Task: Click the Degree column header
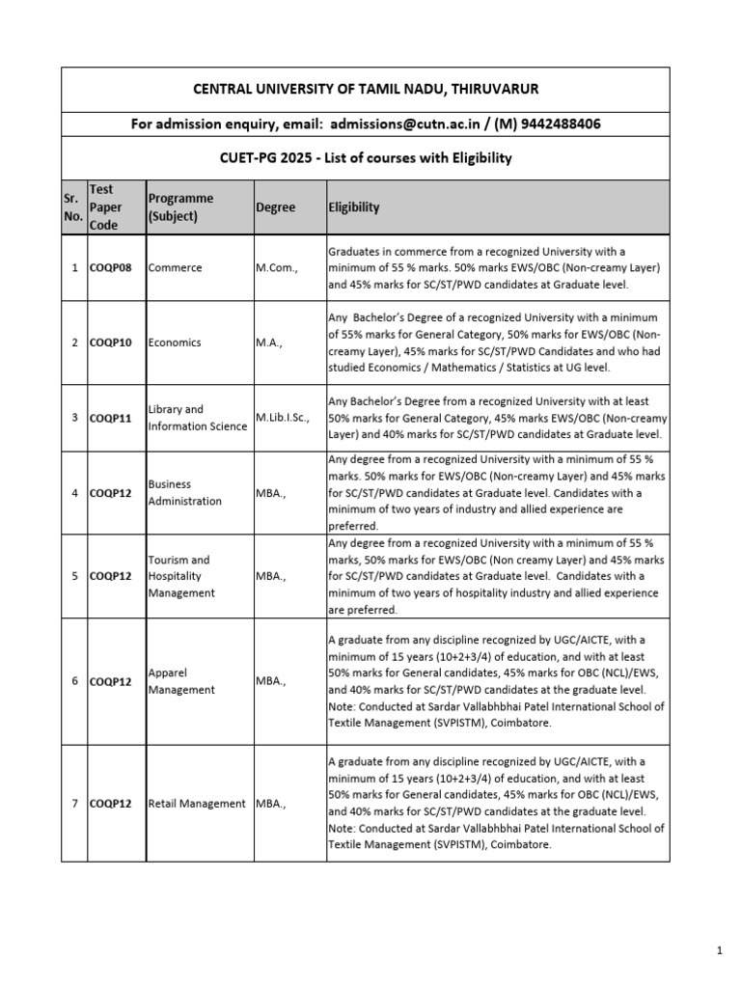(276, 207)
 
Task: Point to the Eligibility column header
(354, 207)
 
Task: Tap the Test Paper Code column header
(102, 206)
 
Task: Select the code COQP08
(113, 267)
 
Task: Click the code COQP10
(113, 343)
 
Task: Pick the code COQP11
(113, 418)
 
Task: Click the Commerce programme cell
(176, 267)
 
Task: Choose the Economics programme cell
(177, 343)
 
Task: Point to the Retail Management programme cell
(197, 804)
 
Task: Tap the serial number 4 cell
(74, 493)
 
